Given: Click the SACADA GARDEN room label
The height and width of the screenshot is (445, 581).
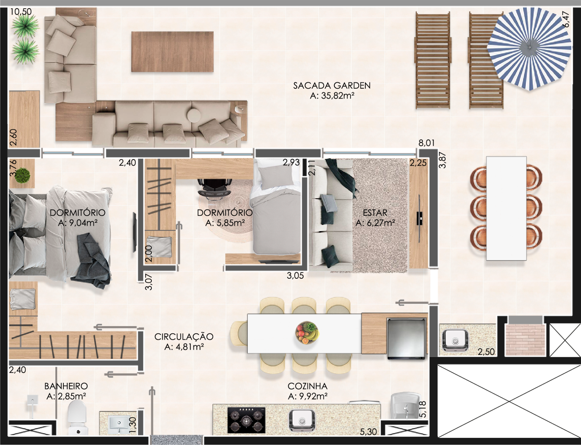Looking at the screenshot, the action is pyautogui.click(x=332, y=86).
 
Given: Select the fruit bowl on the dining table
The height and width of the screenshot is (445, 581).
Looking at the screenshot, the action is pyautogui.click(x=306, y=333).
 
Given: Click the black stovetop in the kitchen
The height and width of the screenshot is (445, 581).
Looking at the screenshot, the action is pyautogui.click(x=246, y=420).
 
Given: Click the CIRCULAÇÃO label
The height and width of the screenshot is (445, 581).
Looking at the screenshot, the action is pyautogui.click(x=184, y=337).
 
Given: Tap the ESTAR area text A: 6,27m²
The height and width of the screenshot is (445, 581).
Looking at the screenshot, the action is pyautogui.click(x=375, y=223).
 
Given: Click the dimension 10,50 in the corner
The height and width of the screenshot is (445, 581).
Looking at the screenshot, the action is pyautogui.click(x=21, y=12).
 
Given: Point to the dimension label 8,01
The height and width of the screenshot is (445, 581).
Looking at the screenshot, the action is pyautogui.click(x=426, y=143).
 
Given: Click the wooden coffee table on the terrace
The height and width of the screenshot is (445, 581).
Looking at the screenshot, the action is pyautogui.click(x=172, y=52).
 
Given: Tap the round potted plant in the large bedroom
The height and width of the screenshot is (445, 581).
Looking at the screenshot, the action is pyautogui.click(x=22, y=175).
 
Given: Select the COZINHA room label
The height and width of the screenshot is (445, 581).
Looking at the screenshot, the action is pyautogui.click(x=307, y=386).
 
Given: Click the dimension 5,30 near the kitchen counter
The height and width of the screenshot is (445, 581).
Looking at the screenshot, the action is pyautogui.click(x=368, y=432).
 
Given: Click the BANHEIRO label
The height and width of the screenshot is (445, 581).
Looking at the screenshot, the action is pyautogui.click(x=66, y=386).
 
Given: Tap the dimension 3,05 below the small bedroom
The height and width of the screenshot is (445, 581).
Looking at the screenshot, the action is pyautogui.click(x=295, y=276).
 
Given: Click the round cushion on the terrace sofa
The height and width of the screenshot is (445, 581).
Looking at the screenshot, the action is pyautogui.click(x=194, y=115).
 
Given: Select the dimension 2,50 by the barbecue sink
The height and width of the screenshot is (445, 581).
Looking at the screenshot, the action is pyautogui.click(x=486, y=352).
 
